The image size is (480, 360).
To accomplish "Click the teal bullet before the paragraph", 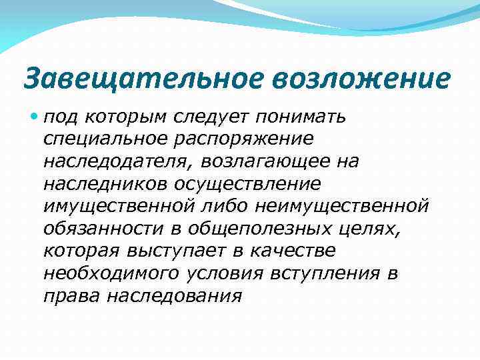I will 33,117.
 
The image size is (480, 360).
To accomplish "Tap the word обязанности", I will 103,228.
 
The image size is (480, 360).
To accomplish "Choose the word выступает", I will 197,251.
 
